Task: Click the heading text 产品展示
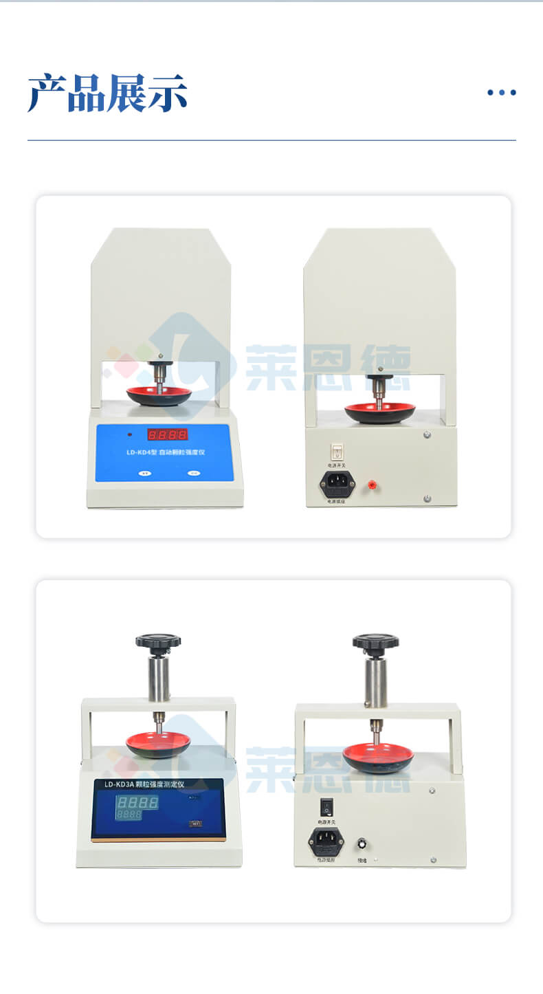pos(107,93)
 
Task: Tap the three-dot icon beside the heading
pos(501,93)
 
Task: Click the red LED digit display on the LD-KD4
pos(167,434)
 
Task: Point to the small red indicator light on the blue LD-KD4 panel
pos(129,434)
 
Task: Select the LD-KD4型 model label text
pos(141,453)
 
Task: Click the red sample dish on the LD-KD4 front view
pos(159,394)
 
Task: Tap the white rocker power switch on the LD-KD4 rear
pos(337,452)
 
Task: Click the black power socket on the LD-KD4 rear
pos(337,483)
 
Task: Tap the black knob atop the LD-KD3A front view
pos(158,642)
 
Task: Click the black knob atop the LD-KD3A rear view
pos(375,642)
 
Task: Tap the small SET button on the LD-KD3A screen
pos(196,823)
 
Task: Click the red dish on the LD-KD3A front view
pos(158,742)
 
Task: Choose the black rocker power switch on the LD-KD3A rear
pos(326,804)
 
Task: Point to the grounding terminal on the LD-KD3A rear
pos(362,844)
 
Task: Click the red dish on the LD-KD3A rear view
pos(378,755)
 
